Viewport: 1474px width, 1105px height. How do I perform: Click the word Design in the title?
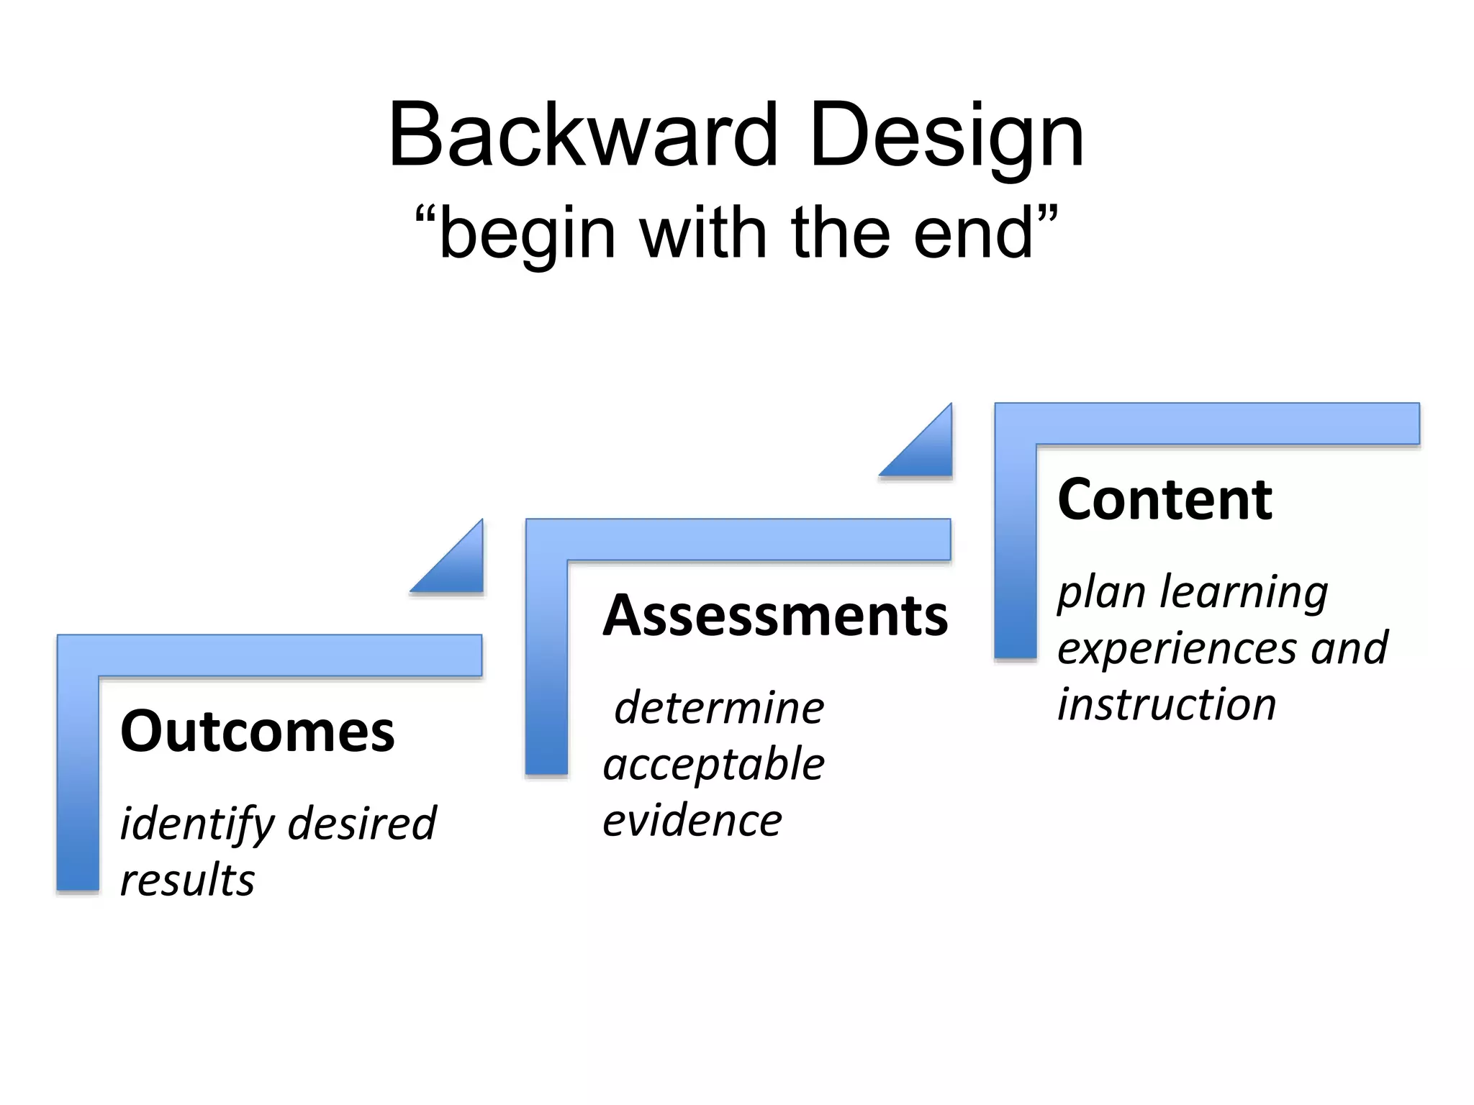click(946, 135)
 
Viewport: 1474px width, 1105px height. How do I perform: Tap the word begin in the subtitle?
click(527, 233)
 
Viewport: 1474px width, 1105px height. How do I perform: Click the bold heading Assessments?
click(775, 616)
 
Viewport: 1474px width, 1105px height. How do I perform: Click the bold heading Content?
click(1165, 499)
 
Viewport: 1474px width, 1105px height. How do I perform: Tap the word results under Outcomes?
click(187, 881)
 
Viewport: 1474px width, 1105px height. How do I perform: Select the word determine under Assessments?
click(719, 708)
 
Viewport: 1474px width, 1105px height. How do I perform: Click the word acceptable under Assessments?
click(713, 765)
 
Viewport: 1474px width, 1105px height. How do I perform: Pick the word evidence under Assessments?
click(692, 821)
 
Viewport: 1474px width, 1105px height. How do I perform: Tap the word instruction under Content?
click(1166, 704)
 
